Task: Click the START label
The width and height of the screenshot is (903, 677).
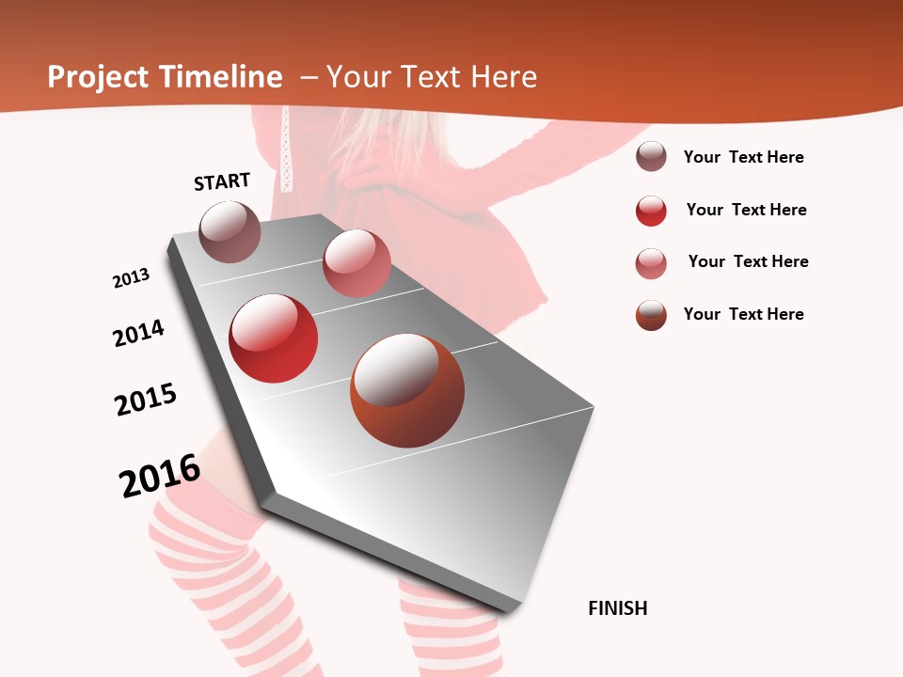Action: click(x=222, y=181)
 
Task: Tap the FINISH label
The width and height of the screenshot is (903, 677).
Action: click(x=618, y=608)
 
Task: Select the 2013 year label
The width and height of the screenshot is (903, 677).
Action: click(x=132, y=278)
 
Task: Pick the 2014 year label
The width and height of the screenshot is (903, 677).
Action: click(x=139, y=333)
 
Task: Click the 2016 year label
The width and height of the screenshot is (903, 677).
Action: click(x=160, y=476)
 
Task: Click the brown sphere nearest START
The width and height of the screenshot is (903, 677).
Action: click(x=230, y=231)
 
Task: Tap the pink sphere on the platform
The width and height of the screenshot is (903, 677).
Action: click(x=356, y=263)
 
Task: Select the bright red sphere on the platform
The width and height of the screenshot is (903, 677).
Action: click(x=274, y=338)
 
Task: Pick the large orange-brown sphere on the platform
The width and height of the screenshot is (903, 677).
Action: click(x=407, y=390)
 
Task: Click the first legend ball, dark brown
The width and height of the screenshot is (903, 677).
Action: click(x=651, y=157)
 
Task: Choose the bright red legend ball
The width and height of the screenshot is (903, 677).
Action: click(x=651, y=211)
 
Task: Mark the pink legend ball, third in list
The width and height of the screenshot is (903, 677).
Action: click(x=651, y=263)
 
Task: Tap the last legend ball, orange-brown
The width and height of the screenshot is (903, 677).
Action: click(x=651, y=315)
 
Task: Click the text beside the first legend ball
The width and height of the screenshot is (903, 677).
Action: click(x=743, y=157)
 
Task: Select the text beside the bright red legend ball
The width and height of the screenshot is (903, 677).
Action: click(x=746, y=210)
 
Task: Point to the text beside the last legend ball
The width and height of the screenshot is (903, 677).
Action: click(x=743, y=314)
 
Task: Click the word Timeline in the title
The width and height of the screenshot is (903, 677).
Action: click(x=221, y=77)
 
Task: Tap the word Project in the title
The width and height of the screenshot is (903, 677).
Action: click(x=96, y=77)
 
